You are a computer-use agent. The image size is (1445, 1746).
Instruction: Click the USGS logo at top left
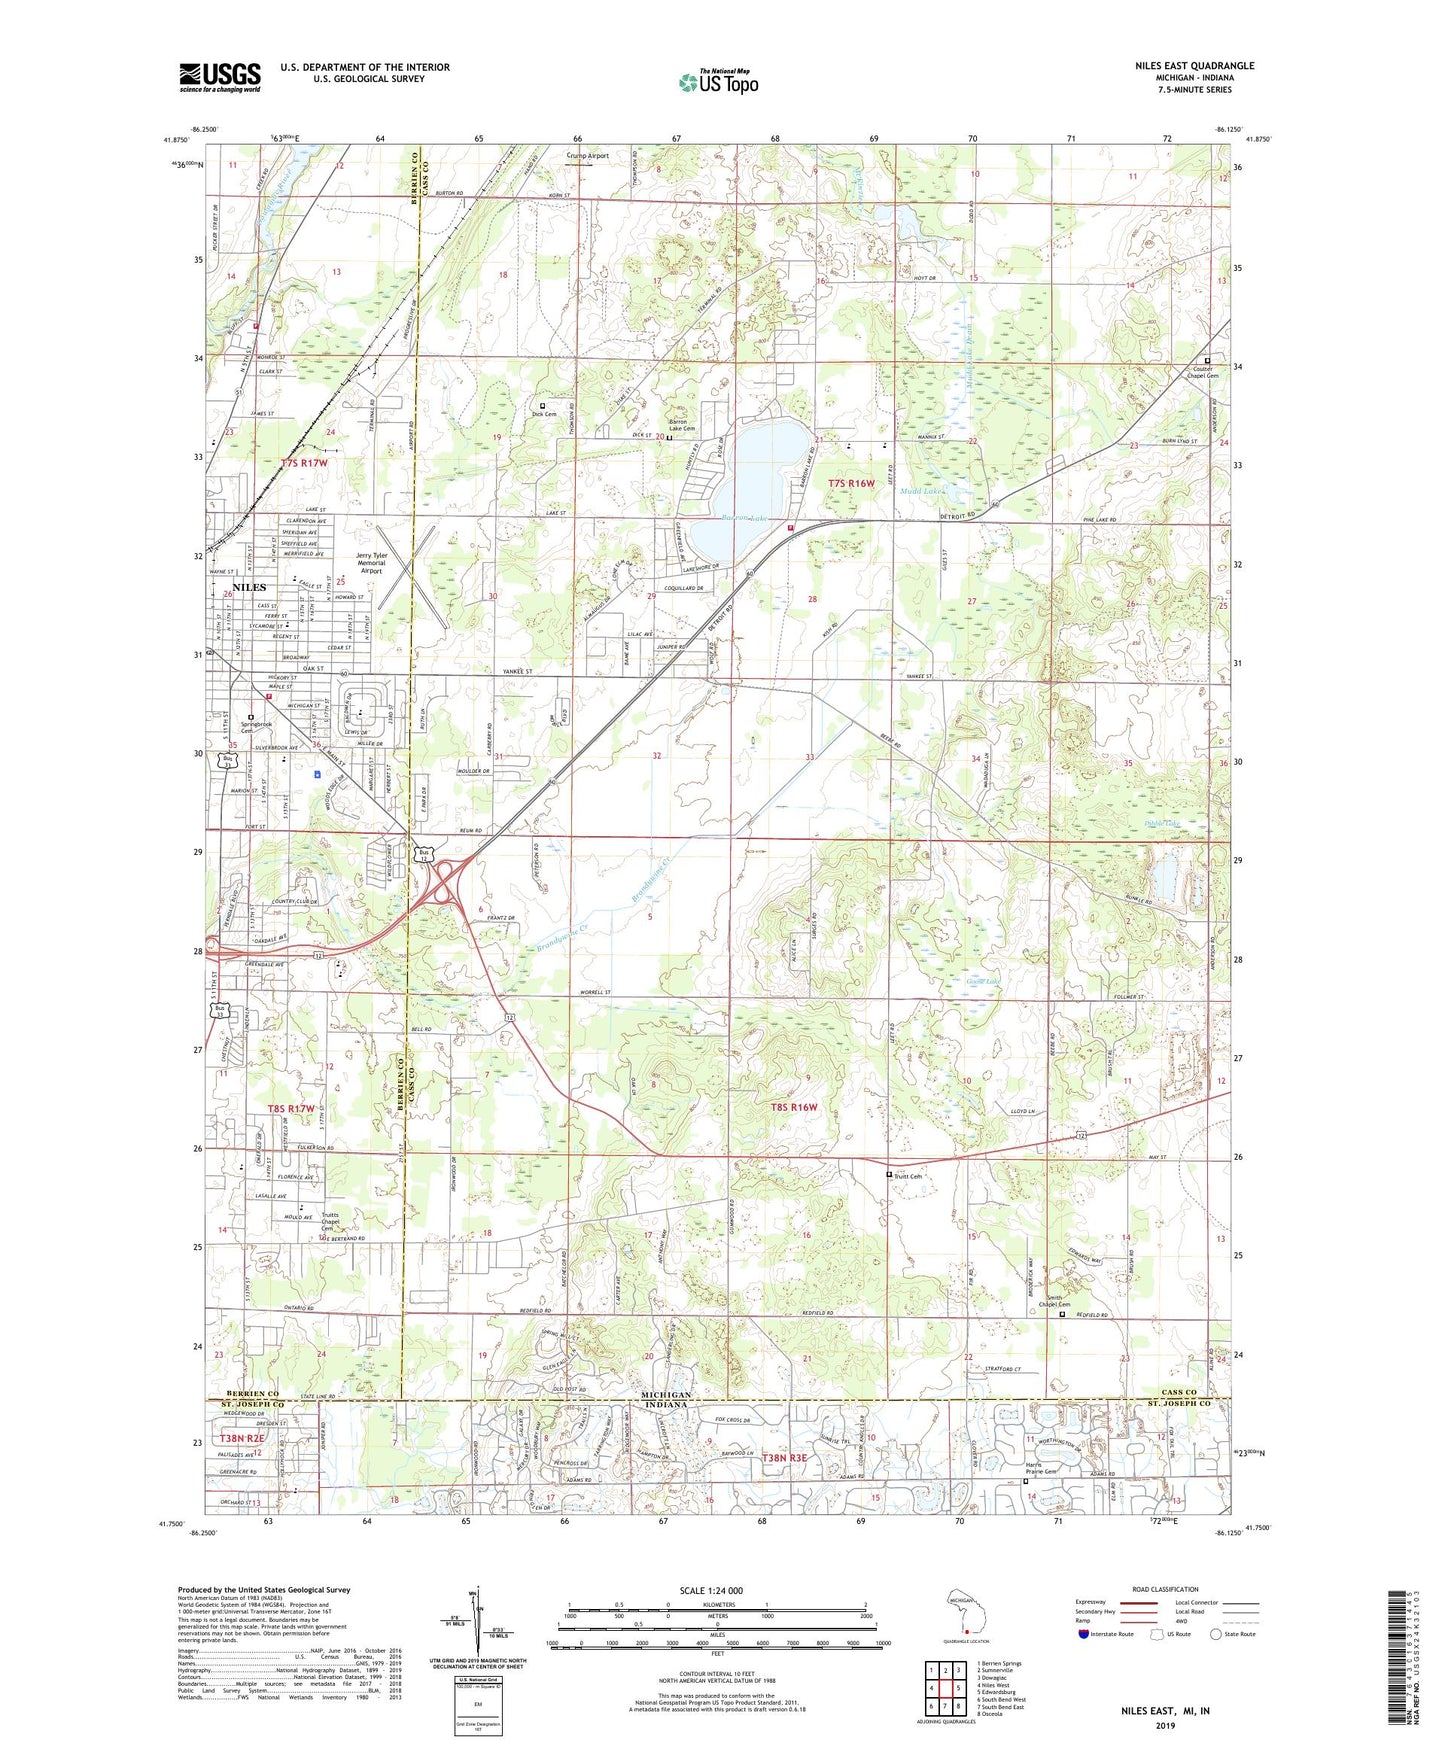click(220, 76)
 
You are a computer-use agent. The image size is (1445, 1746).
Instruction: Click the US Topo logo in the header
click(717, 82)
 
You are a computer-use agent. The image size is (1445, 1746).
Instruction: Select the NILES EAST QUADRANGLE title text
click(1194, 66)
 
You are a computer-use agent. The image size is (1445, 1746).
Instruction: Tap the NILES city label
click(249, 587)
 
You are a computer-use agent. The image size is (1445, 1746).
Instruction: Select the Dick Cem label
click(544, 413)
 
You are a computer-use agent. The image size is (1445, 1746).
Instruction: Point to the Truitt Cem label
click(906, 1176)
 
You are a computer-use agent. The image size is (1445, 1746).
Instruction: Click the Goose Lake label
click(983, 981)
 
